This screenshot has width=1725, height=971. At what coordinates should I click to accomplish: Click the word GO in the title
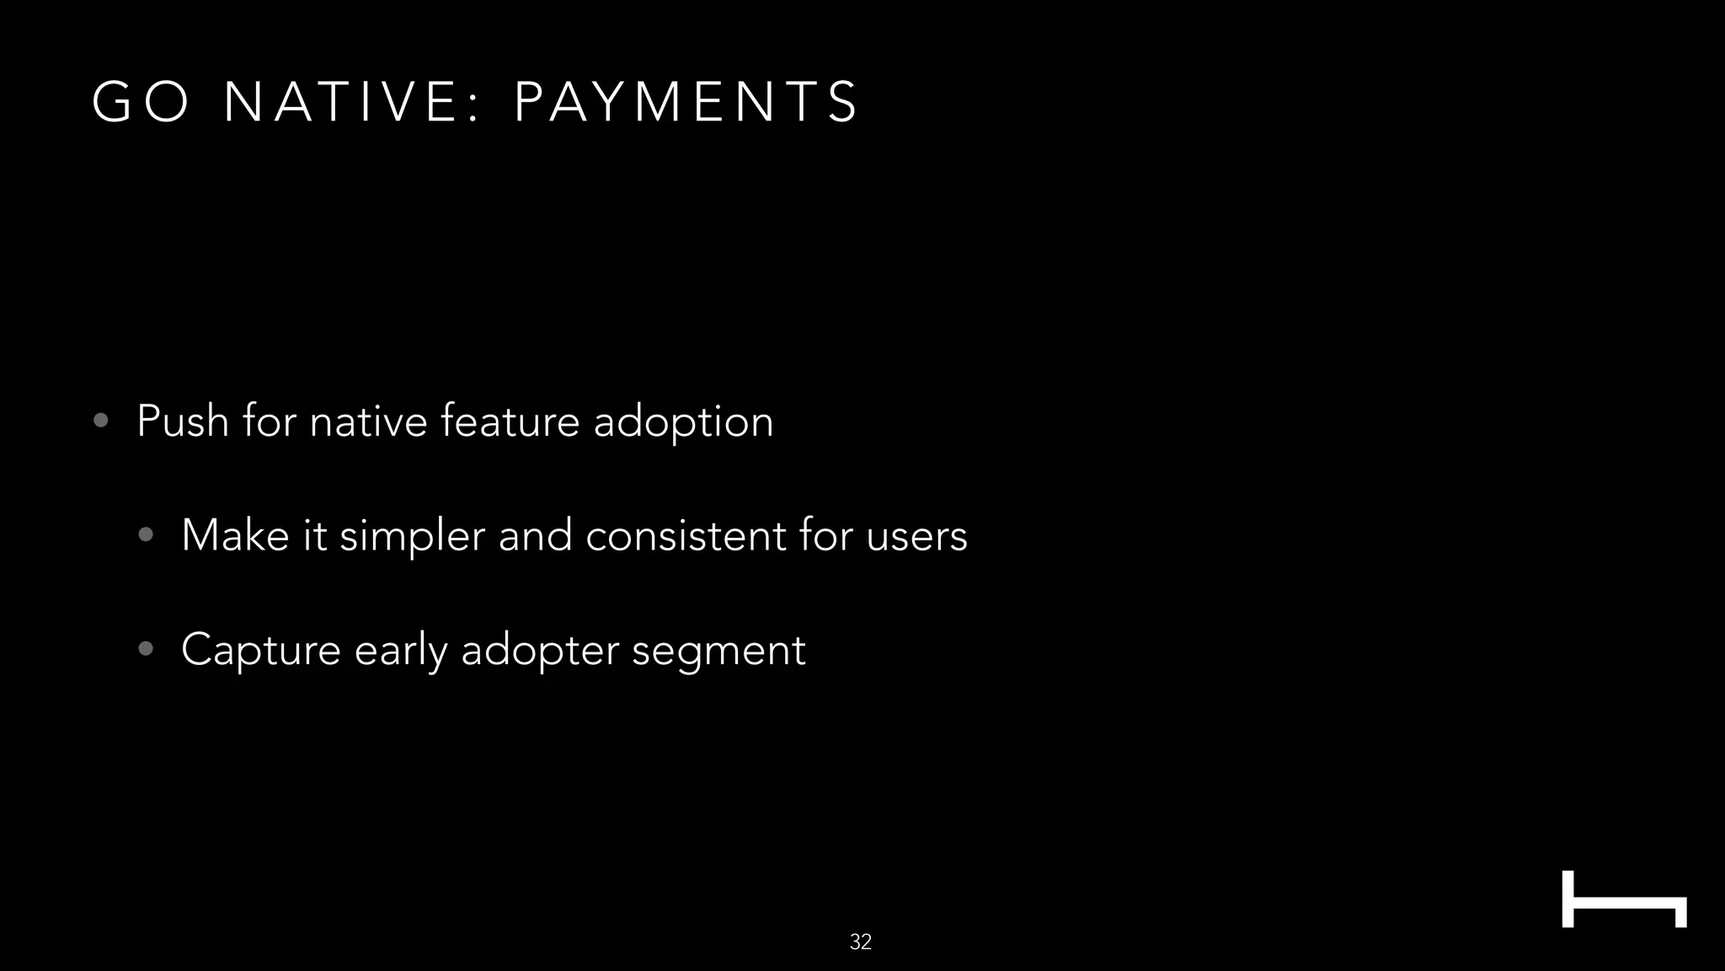[141, 102]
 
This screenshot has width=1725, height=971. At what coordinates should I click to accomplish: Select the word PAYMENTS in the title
[686, 102]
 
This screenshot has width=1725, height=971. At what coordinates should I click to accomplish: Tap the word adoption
[683, 422]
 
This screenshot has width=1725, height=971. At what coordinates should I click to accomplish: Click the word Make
[235, 535]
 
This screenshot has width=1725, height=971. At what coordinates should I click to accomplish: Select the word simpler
[412, 537]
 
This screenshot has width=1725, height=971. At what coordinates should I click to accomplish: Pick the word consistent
[686, 535]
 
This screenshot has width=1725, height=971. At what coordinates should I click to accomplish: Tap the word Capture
[260, 651]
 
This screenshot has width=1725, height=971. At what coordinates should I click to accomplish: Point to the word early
[401, 651]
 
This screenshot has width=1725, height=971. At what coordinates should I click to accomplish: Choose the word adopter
[539, 651]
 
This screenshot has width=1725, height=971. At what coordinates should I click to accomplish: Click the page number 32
[861, 941]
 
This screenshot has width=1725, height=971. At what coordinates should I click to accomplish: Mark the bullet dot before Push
[101, 421]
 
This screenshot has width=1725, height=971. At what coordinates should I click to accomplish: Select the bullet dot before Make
[146, 534]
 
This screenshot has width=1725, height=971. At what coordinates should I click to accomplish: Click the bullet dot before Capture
[146, 648]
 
